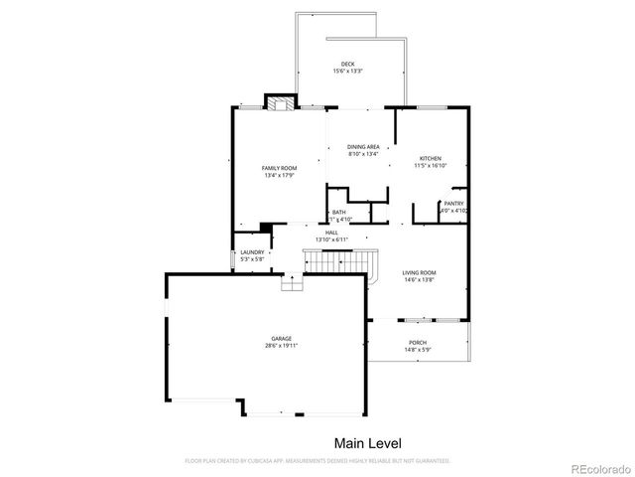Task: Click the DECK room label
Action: click(x=348, y=65)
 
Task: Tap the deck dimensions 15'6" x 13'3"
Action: click(x=348, y=72)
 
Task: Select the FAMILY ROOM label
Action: click(x=279, y=168)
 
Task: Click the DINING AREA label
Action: click(x=363, y=146)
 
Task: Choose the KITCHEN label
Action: click(x=430, y=159)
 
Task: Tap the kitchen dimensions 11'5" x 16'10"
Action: click(x=430, y=166)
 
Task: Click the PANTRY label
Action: click(x=453, y=204)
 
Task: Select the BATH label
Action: click(x=339, y=212)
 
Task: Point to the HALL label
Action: click(x=331, y=233)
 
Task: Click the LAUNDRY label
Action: click(x=253, y=252)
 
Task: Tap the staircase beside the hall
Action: click(x=341, y=263)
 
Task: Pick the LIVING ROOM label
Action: click(x=419, y=272)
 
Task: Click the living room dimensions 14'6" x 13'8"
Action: click(x=419, y=279)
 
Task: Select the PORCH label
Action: click(x=418, y=342)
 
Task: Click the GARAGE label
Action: click(x=281, y=338)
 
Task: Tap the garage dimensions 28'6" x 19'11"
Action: click(x=281, y=345)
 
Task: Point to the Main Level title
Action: click(x=367, y=442)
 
